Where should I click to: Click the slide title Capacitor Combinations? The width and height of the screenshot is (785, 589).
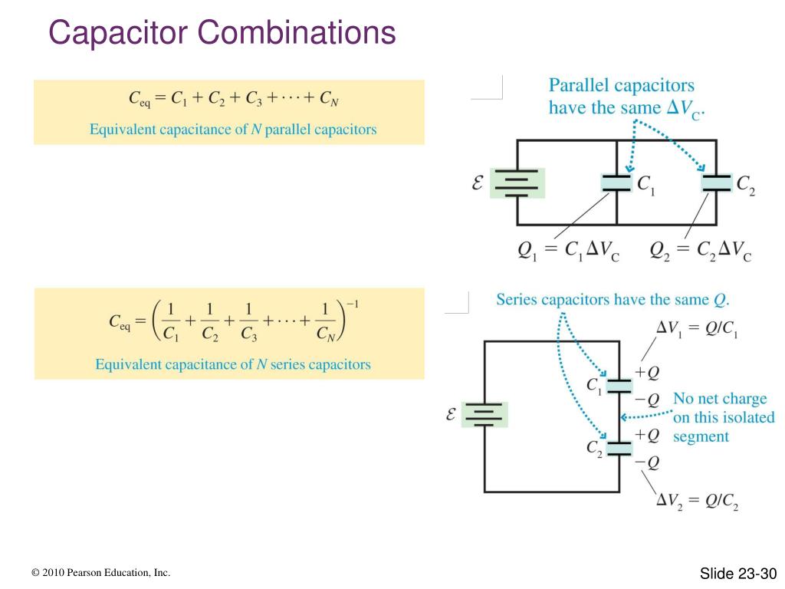point(222,33)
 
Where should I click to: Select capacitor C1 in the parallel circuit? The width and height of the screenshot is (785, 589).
point(616,183)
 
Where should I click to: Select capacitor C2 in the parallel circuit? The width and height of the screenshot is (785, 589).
point(717,183)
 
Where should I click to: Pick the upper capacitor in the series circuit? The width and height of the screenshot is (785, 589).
point(618,385)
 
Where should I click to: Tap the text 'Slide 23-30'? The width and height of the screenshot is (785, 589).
point(738,574)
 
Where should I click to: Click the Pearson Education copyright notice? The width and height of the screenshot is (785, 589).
point(100,574)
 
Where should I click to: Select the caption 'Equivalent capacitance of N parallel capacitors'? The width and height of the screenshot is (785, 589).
point(233,130)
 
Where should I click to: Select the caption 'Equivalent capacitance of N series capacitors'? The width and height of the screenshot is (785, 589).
point(233,364)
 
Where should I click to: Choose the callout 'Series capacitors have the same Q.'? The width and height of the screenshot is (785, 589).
point(613,299)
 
